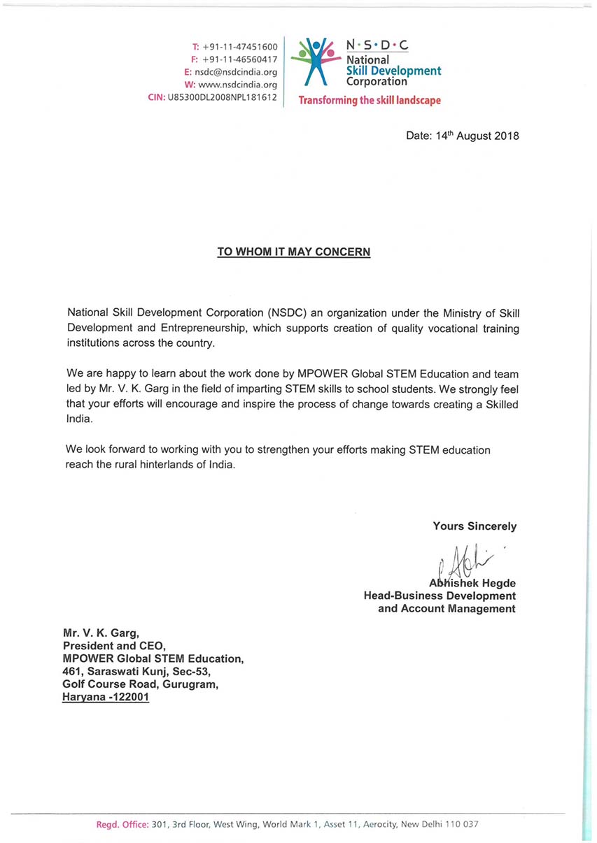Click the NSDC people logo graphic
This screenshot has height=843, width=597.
pos(315,62)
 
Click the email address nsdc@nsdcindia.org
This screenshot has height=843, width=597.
pos(236,72)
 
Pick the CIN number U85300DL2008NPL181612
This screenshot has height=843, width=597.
pos(222,97)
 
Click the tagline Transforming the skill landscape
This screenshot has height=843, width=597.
pos(370,101)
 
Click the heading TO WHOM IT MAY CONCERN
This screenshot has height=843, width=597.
pos(293,252)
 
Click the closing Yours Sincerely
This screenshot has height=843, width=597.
pos(475,526)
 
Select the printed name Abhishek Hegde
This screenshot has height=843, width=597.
pos(472,583)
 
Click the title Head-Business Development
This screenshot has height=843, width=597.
pos(440,596)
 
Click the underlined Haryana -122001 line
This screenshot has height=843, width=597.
pos(106,697)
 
